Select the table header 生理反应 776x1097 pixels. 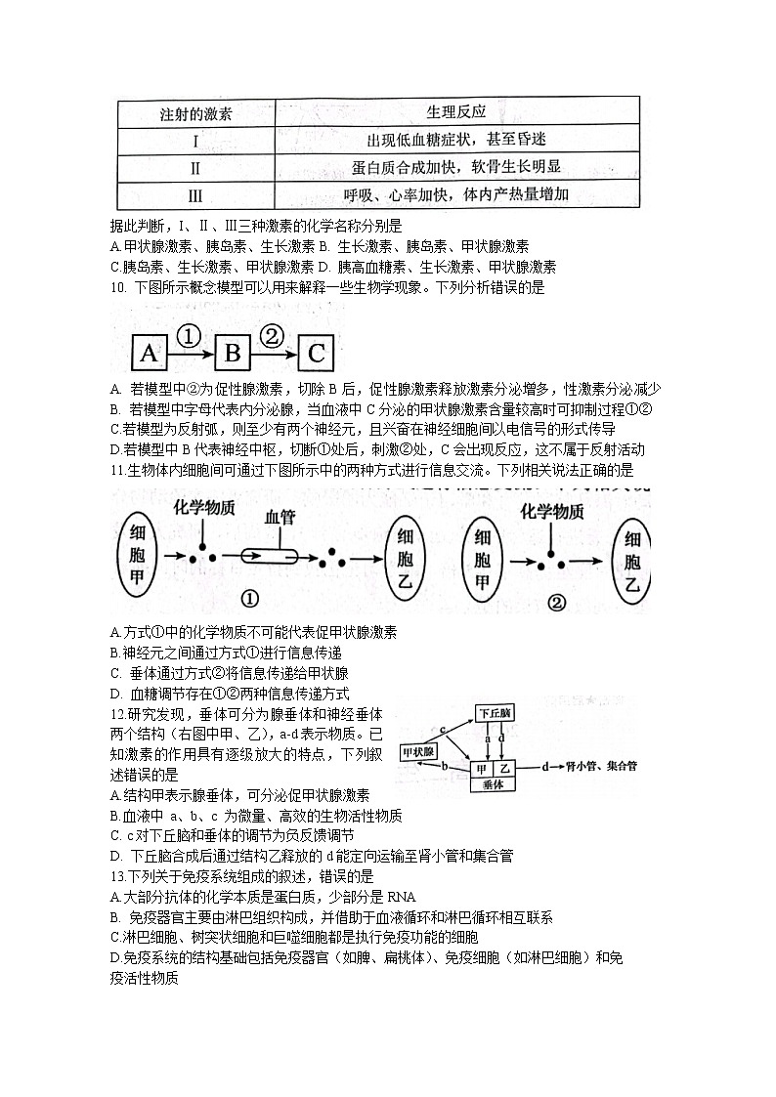point(456,112)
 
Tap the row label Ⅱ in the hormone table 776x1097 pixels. point(195,167)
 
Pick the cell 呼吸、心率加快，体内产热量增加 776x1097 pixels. point(456,194)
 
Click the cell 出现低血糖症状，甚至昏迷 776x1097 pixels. point(456,140)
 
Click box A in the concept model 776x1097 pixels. point(148,353)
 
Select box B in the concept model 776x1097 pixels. point(233,353)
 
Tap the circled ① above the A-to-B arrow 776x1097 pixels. point(190,336)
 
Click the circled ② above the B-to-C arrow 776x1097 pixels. point(273,336)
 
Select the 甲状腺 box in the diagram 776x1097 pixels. point(423,753)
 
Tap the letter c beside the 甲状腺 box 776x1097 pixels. point(443,729)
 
